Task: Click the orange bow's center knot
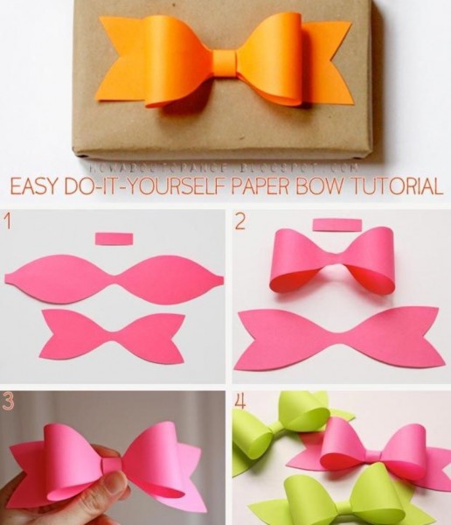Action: pyautogui.click(x=224, y=62)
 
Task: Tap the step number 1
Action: pyautogui.click(x=8, y=222)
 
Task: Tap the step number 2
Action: pyautogui.click(x=240, y=222)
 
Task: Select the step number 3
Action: pyautogui.click(x=9, y=402)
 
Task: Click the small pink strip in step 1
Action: pyautogui.click(x=113, y=239)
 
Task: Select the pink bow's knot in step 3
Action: pyautogui.click(x=111, y=465)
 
